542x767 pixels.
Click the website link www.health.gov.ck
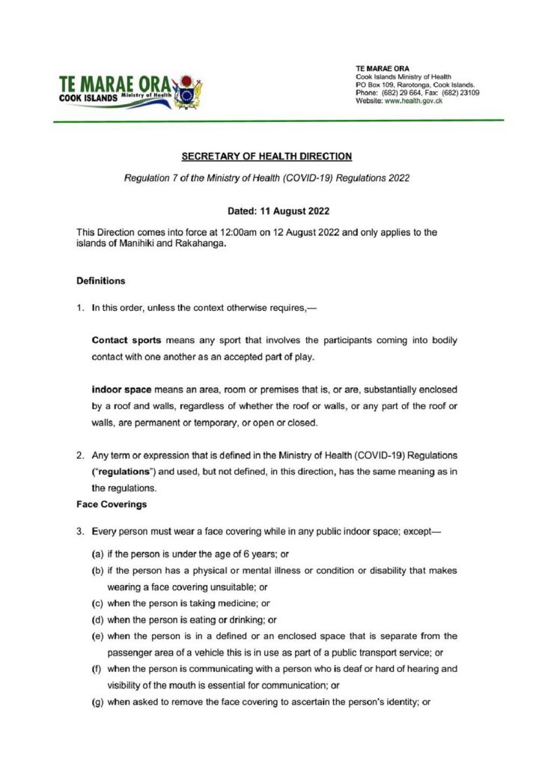413,101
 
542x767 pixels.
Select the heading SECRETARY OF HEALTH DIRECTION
267,157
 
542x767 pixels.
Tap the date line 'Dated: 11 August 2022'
267,212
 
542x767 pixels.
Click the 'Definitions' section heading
100,282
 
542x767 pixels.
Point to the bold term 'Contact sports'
124,340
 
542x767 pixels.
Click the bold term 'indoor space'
120,390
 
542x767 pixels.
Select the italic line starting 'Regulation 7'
267,180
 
